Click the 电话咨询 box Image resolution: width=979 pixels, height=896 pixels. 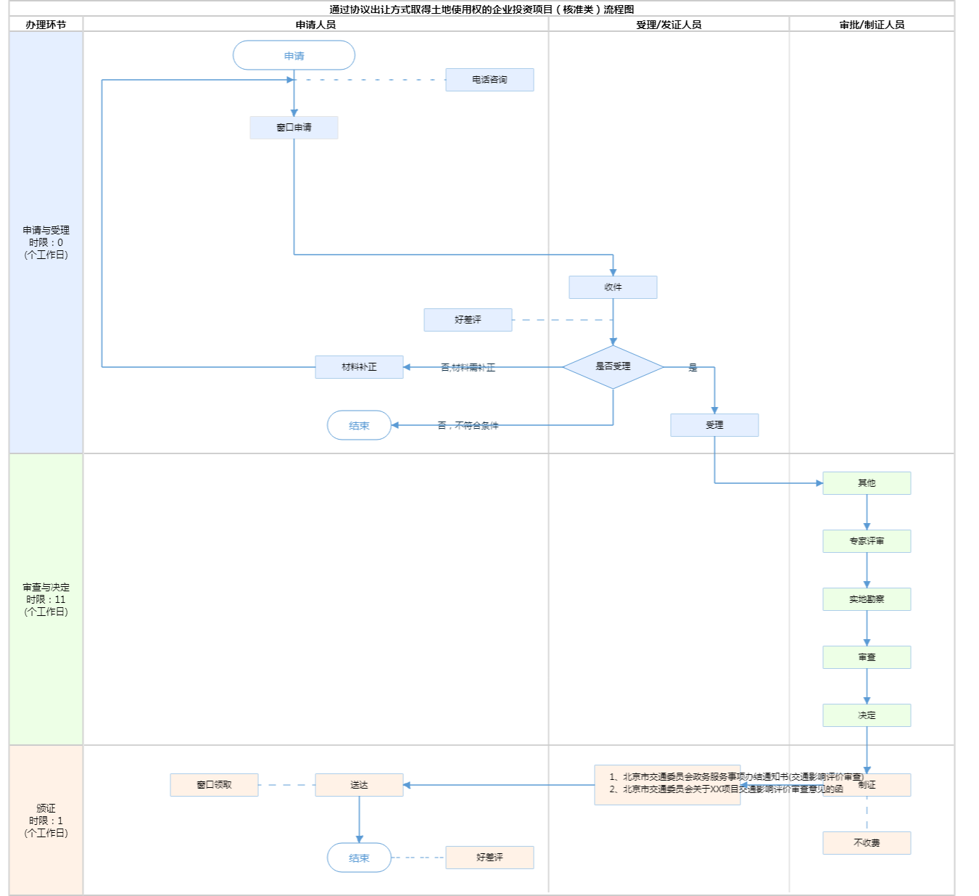(x=489, y=80)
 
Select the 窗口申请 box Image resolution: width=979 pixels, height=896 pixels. (x=294, y=128)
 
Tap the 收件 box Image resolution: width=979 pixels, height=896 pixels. (x=613, y=287)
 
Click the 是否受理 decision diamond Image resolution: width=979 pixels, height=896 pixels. (x=613, y=367)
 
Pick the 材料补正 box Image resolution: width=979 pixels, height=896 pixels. (x=359, y=367)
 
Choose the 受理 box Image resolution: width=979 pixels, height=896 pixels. (x=714, y=425)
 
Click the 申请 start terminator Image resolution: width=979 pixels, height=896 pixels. (x=294, y=56)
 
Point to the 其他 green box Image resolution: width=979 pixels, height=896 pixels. (x=867, y=483)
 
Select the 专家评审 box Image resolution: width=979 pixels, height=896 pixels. (x=867, y=541)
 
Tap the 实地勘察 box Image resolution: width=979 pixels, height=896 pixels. (x=867, y=599)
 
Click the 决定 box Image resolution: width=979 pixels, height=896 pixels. (x=867, y=715)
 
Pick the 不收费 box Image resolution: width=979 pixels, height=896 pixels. (x=867, y=843)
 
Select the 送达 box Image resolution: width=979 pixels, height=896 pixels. (x=359, y=785)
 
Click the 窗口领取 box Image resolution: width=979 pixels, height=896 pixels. (x=214, y=785)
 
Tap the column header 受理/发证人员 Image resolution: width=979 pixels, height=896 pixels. (x=669, y=25)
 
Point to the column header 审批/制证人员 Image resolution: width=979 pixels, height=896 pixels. (x=872, y=25)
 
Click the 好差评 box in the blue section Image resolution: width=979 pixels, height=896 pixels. (x=468, y=320)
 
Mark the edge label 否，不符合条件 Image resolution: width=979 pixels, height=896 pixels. (x=468, y=426)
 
